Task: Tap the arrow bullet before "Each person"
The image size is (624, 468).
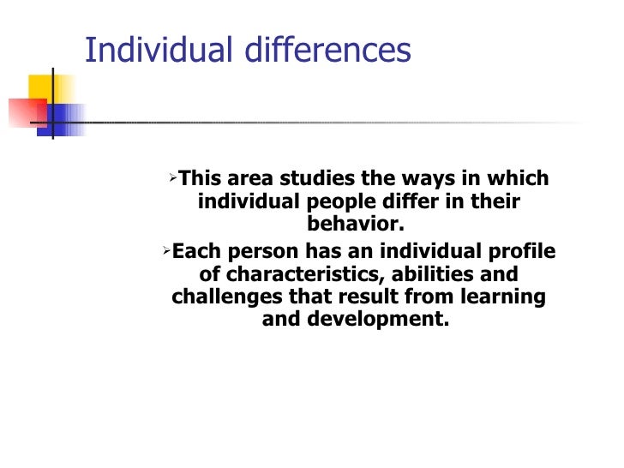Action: tap(166, 251)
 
